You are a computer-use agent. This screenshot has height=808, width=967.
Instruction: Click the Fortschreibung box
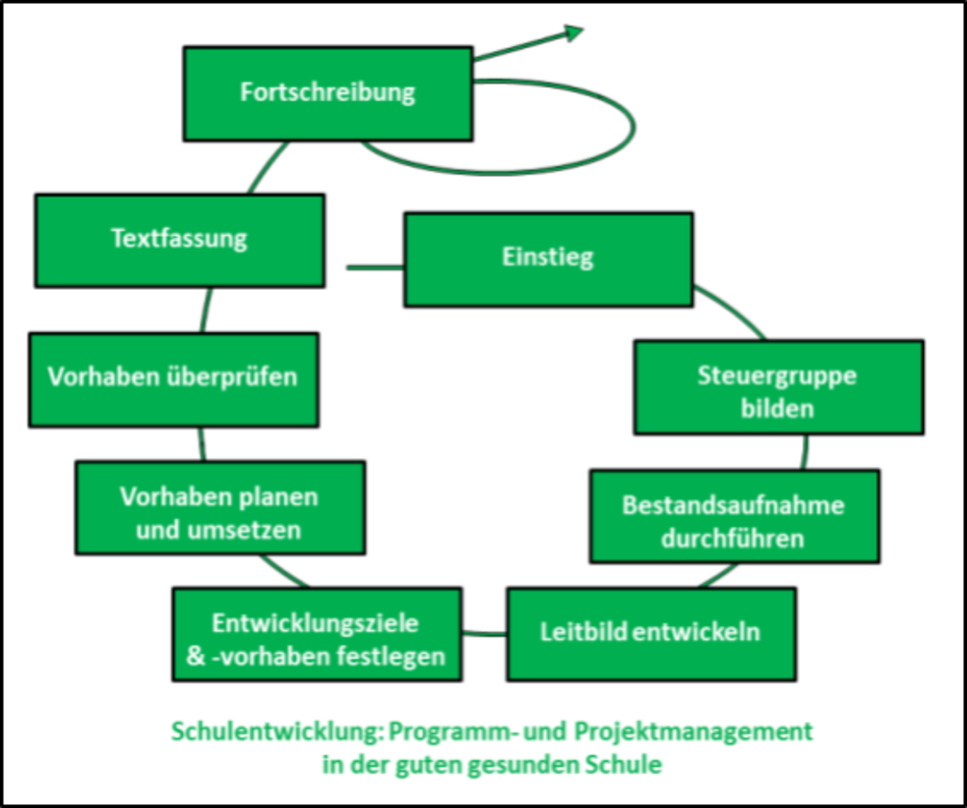[x=328, y=93]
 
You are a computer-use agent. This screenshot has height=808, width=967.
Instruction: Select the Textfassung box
[x=179, y=240]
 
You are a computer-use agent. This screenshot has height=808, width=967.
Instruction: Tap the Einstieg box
[x=548, y=260]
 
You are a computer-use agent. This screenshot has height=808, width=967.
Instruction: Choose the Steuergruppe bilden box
[x=778, y=387]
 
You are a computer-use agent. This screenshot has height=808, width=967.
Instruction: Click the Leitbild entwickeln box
[x=650, y=633]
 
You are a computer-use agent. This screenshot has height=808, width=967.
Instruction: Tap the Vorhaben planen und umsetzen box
[x=219, y=509]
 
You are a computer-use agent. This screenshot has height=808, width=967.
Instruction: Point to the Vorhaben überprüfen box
[x=173, y=378]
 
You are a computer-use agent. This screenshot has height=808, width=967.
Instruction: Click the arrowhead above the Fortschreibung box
[x=574, y=32]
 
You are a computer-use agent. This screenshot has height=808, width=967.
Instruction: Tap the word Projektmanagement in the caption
[x=707, y=731]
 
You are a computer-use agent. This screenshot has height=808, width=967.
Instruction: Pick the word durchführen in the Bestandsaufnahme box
[x=734, y=538]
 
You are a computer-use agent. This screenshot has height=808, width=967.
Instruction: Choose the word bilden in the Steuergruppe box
[x=778, y=406]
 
